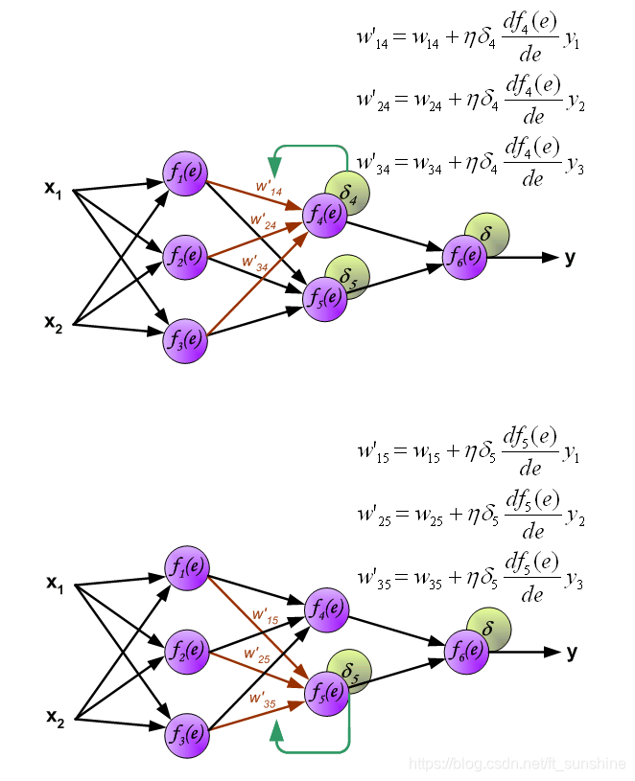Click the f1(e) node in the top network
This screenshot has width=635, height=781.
185,174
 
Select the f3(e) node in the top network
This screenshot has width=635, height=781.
185,339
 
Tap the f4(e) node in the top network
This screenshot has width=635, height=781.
324,213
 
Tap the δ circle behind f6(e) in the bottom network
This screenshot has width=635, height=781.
489,629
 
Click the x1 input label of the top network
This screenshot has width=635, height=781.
54,188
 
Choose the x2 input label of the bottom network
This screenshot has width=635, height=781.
56,717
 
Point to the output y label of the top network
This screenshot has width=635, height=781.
571,257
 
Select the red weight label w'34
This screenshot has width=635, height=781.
255,263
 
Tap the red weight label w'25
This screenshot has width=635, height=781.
256,656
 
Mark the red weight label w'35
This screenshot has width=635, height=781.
263,701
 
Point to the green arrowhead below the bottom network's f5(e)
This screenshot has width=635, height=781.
277,734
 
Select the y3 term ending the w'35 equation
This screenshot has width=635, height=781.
575,580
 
